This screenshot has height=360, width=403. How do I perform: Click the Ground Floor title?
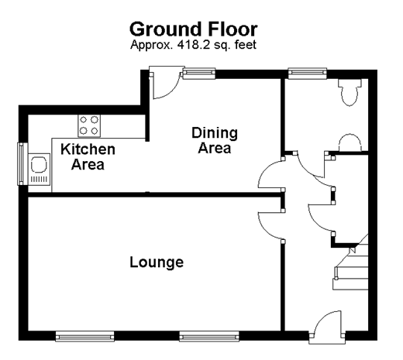click(x=194, y=29)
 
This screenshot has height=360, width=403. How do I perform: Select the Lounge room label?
click(x=157, y=262)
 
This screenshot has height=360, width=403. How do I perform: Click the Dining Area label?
click(x=215, y=140)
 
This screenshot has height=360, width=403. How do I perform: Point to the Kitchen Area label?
click(x=88, y=156)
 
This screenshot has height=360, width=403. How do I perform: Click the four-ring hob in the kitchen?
click(x=89, y=125)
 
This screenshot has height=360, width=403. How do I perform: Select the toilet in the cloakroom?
click(x=350, y=92)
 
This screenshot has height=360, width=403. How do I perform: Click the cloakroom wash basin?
click(x=350, y=142)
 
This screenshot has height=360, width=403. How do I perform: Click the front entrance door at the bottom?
click(x=327, y=327)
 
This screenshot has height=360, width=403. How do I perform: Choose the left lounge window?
click(x=84, y=336)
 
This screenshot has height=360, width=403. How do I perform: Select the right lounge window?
click(x=209, y=336)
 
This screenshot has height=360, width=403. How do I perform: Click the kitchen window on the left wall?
click(x=20, y=163)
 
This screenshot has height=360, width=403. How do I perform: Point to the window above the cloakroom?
click(x=308, y=73)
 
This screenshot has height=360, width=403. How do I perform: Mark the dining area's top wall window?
click(x=199, y=73)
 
